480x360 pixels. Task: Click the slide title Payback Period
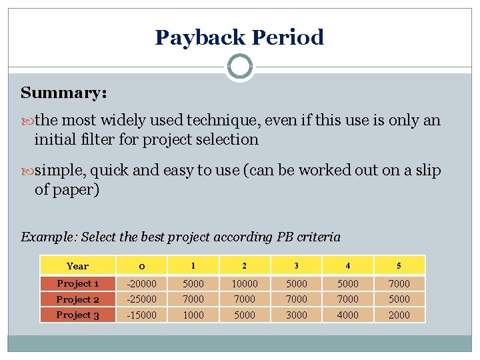pos(239,37)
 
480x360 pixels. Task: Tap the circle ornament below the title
pos(239,67)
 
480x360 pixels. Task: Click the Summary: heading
pos(63,93)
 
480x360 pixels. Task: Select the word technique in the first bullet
pos(223,121)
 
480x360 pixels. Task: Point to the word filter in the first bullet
pos(99,139)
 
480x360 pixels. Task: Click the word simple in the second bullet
pos(60,170)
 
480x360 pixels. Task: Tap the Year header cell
pos(77,266)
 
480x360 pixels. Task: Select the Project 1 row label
pos(77,283)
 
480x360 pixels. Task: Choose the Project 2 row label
pos(77,299)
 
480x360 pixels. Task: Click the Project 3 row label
pos(77,315)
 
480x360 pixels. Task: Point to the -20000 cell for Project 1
pos(143,283)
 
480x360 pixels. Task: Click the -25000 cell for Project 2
pos(143,299)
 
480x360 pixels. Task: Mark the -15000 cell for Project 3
pos(143,315)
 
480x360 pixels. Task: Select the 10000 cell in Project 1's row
pos(245,283)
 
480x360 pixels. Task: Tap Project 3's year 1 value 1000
pos(193,315)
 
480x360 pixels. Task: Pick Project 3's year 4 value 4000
pos(347,315)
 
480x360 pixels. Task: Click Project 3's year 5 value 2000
pos(399,315)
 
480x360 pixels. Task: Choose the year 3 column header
pos(296,266)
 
